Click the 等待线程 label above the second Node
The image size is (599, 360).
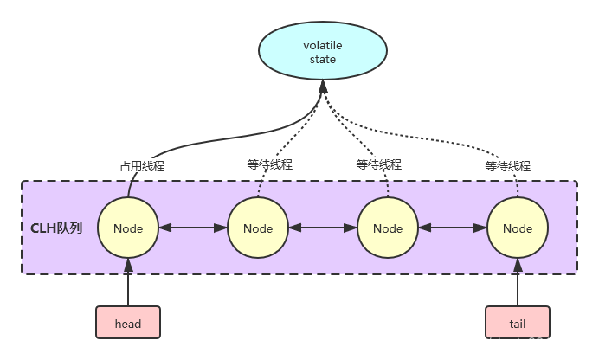click(x=270, y=164)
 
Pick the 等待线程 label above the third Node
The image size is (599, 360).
click(x=379, y=164)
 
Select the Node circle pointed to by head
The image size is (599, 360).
click(x=128, y=228)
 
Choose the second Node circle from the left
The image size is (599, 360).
click(x=257, y=228)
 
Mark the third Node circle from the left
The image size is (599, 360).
click(x=387, y=228)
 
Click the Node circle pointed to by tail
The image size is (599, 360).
click(x=517, y=228)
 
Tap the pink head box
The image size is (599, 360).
click(x=128, y=324)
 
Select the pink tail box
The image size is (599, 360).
click(x=517, y=324)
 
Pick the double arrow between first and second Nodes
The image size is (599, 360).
click(x=192, y=228)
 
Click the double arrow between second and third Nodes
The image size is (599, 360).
click(x=322, y=228)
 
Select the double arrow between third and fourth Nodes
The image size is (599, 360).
click(x=452, y=228)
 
